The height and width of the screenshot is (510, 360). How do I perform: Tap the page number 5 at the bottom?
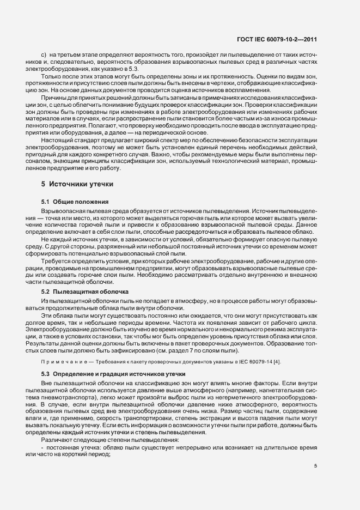(315, 465)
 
